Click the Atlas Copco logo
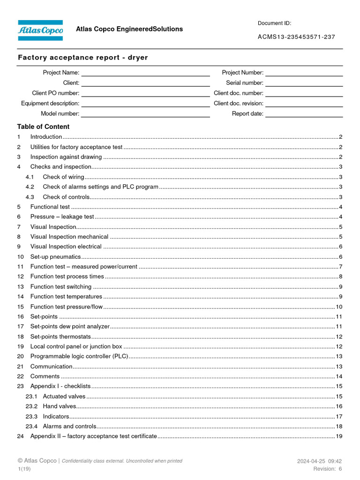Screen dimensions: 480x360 [40, 30]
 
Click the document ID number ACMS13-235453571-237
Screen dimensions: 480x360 [296, 37]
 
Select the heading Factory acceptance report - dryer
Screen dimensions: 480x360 [83, 58]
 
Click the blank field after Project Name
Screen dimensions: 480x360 [145, 73]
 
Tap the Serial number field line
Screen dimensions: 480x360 [304, 83]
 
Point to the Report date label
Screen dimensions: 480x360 [247, 113]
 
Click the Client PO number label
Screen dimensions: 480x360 [56, 93]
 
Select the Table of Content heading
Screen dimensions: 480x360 [43, 127]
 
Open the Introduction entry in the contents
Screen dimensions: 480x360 [46, 137]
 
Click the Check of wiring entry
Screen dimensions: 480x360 [63, 177]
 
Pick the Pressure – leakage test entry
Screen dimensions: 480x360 [62, 217]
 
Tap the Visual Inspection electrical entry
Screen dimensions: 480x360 [66, 247]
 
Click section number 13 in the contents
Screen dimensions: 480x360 [20, 286]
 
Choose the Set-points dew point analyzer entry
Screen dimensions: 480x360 [70, 326]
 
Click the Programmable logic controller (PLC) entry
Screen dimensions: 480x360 [79, 356]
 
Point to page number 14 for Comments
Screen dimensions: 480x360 [339, 376]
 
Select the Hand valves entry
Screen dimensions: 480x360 [59, 406]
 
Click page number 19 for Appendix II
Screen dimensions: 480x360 [339, 436]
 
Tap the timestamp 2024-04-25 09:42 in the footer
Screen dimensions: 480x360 [319, 461]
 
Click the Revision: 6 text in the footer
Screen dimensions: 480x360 [327, 469]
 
